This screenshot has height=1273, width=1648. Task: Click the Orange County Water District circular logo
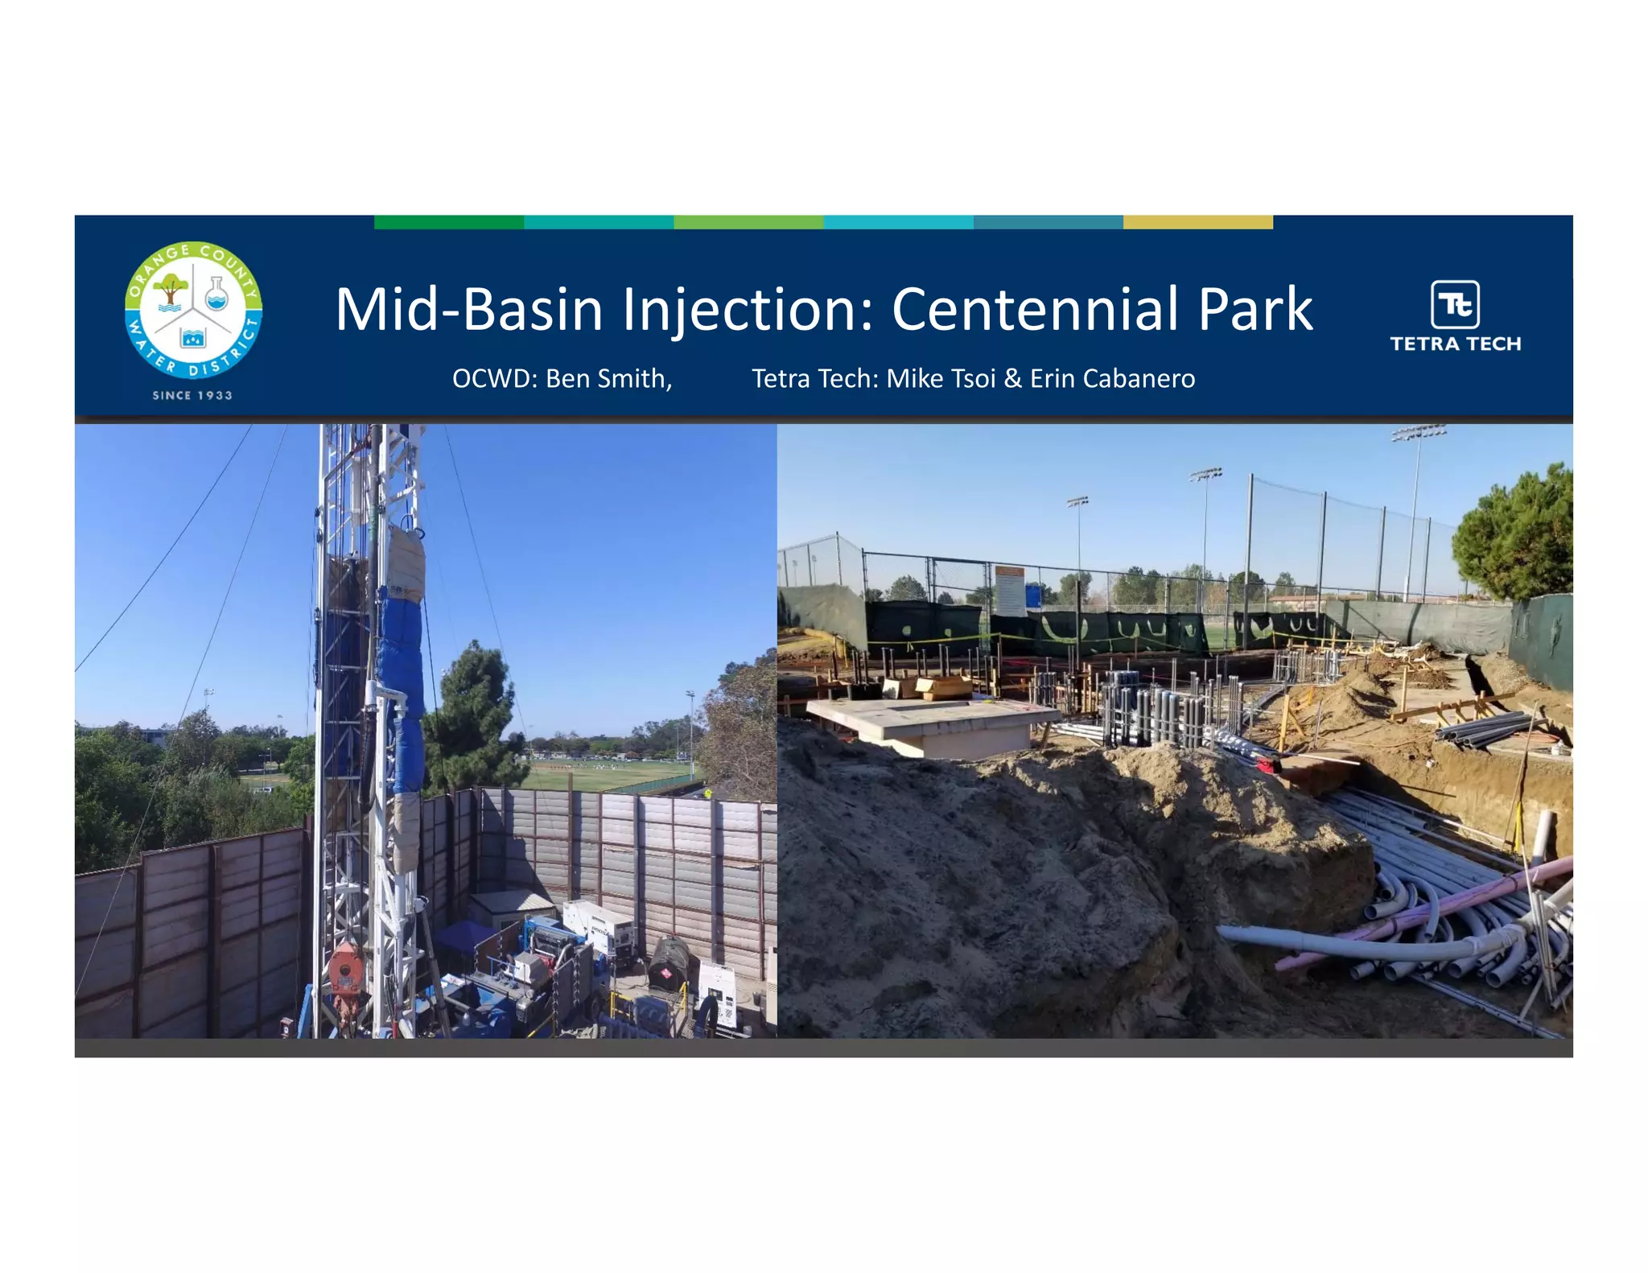(193, 309)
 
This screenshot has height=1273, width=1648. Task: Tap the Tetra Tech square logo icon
(1455, 304)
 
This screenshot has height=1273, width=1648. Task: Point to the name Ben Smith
(608, 378)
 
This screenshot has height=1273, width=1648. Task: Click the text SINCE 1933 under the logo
(192, 395)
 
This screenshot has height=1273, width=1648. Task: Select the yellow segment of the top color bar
(1197, 222)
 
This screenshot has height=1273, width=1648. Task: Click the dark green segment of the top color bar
(448, 222)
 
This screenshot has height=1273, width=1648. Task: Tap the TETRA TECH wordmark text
(1455, 344)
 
